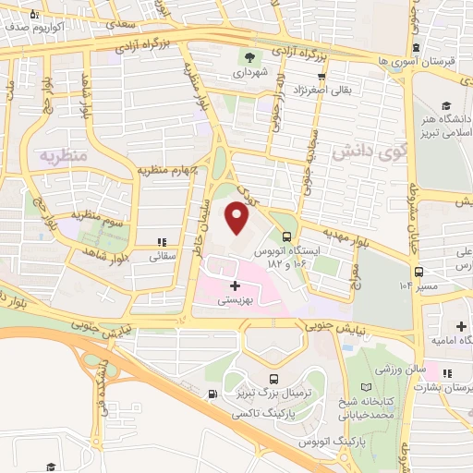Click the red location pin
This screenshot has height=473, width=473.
[x=238, y=219]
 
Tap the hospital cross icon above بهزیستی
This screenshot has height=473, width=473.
[x=235, y=286]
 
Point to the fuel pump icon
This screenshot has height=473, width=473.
[x=214, y=394]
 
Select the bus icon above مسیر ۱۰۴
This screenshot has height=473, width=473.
[x=418, y=272]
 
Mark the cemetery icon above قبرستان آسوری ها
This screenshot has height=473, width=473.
[x=418, y=47]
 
